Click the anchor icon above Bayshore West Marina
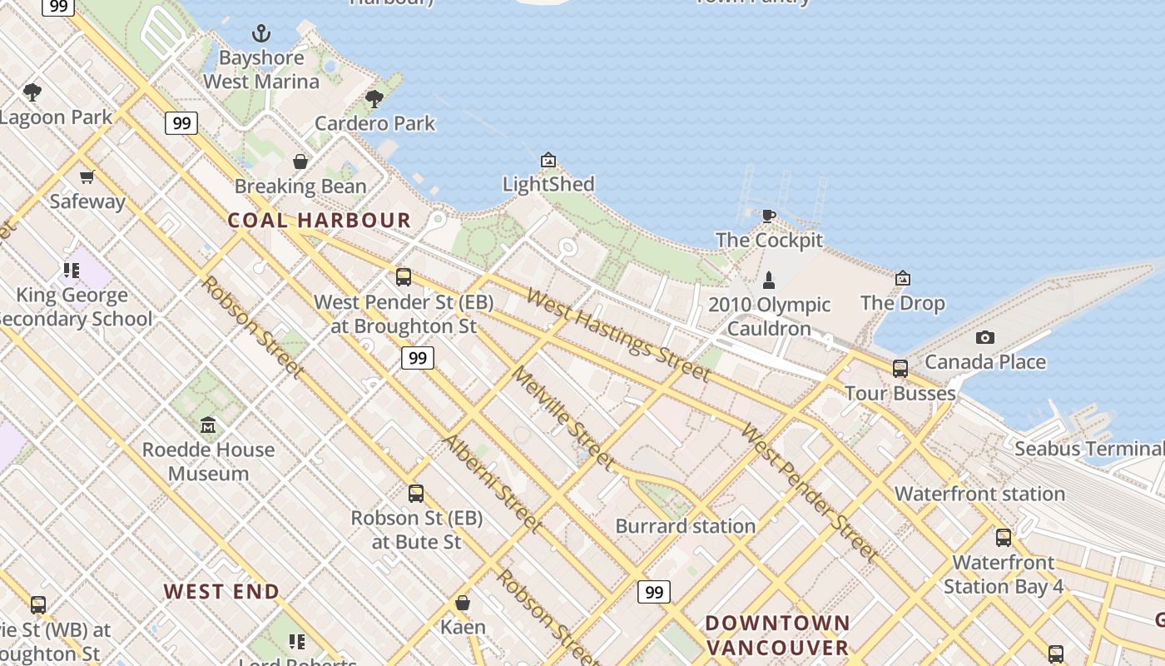click(x=261, y=34)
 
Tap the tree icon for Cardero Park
click(x=374, y=99)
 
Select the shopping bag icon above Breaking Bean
click(x=300, y=162)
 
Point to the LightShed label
click(x=548, y=184)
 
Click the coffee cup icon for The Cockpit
click(x=769, y=216)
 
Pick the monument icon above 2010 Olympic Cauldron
click(x=769, y=280)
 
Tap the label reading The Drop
click(x=903, y=302)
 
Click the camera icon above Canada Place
click(x=985, y=337)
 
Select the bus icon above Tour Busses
click(x=900, y=369)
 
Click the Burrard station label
click(x=686, y=526)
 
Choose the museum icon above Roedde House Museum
click(x=208, y=425)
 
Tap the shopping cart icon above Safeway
click(x=87, y=176)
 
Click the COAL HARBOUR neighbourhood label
click(x=320, y=221)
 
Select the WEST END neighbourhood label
click(x=221, y=592)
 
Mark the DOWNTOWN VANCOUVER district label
click(x=777, y=635)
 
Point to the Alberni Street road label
click(x=492, y=482)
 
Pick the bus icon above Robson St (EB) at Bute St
click(x=416, y=494)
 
